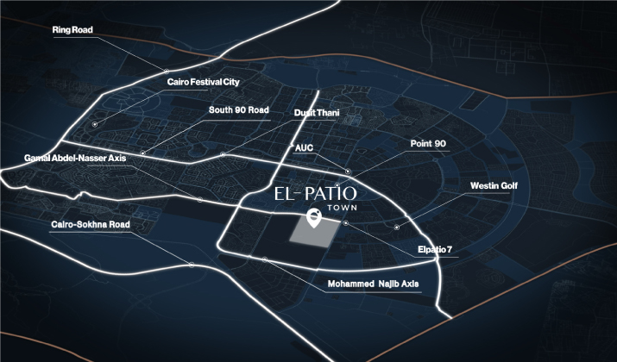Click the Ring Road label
(72, 30)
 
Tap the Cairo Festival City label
(203, 82)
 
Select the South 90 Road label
(239, 110)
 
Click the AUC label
(304, 147)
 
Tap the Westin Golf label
(494, 185)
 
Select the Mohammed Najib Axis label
(373, 283)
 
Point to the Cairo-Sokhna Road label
(90, 224)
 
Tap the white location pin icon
(315, 217)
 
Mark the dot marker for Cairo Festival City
(95, 125)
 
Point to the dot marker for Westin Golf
(397, 227)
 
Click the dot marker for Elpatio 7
(345, 224)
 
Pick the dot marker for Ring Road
(166, 71)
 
